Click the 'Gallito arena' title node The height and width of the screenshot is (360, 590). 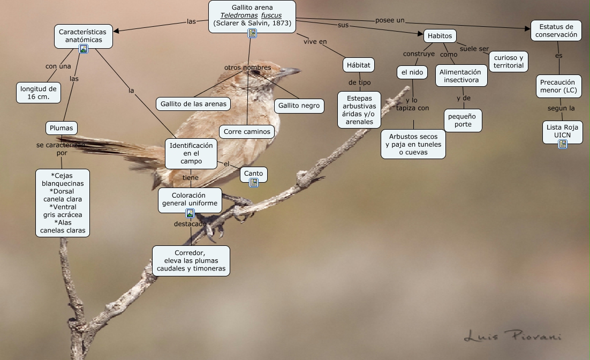[252, 15]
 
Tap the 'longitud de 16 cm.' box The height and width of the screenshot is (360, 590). [38, 92]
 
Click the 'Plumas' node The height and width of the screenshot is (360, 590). [62, 128]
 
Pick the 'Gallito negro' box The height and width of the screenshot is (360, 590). [299, 106]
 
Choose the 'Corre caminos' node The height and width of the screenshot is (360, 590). [247, 131]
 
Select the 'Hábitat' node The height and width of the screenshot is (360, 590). [358, 65]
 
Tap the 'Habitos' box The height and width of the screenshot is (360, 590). [440, 36]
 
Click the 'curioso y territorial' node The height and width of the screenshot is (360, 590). [509, 62]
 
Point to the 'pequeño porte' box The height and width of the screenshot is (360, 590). [463, 121]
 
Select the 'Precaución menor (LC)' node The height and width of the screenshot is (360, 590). [558, 86]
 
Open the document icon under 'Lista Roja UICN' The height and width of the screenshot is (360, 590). [562, 144]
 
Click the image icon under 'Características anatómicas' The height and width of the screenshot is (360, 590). [83, 49]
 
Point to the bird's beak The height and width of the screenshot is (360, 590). [289, 71]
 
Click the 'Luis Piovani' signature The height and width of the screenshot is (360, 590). [512, 336]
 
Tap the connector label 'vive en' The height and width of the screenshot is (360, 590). [315, 42]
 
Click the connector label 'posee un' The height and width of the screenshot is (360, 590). [389, 20]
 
